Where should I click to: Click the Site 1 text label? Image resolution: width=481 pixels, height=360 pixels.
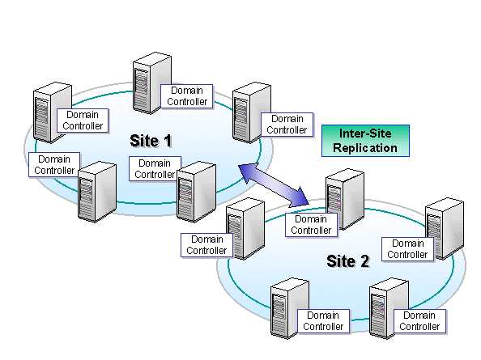(x=151, y=141)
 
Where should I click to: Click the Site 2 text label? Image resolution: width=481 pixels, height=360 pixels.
(x=348, y=261)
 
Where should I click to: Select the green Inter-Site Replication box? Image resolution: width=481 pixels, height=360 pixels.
(x=365, y=141)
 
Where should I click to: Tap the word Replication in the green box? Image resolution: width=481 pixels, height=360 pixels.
(x=365, y=148)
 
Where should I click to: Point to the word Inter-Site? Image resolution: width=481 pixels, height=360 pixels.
(x=365, y=133)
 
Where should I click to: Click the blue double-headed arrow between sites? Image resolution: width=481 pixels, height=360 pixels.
(x=274, y=185)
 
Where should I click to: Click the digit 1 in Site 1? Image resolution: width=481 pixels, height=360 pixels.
(x=167, y=141)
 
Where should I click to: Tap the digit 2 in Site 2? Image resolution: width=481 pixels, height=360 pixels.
(x=364, y=261)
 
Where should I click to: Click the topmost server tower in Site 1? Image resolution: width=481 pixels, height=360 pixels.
(x=151, y=83)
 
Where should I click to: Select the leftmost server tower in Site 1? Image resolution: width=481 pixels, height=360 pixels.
(x=52, y=112)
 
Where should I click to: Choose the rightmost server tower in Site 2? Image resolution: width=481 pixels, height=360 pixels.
(x=445, y=228)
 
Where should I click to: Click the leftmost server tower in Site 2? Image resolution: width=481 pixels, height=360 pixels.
(x=245, y=228)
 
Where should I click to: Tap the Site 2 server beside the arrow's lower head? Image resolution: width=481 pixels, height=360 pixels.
(x=345, y=199)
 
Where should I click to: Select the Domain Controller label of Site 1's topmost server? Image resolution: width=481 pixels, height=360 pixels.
(x=187, y=96)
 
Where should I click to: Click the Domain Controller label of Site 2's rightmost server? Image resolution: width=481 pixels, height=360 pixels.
(x=407, y=249)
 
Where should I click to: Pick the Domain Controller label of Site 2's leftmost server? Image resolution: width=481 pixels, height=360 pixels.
(x=206, y=245)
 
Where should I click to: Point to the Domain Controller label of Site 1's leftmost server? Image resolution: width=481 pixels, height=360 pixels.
(x=83, y=121)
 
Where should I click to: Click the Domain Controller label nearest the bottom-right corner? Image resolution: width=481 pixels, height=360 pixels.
(x=419, y=321)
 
